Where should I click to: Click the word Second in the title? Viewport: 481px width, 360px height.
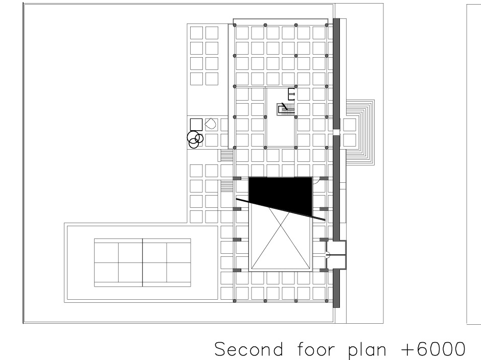[x=248, y=349]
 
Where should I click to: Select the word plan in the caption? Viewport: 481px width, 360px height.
[x=368, y=350]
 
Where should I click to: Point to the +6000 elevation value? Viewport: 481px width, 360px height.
[x=433, y=349]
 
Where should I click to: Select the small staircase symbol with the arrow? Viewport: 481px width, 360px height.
[x=286, y=109]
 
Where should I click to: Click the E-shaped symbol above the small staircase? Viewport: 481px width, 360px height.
[x=291, y=94]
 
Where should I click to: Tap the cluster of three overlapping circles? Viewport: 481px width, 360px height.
[x=195, y=139]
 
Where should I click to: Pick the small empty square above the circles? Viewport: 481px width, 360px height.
[x=196, y=125]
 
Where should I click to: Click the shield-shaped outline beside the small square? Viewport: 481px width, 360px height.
[x=211, y=124]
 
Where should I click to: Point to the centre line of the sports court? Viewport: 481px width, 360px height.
[x=143, y=262]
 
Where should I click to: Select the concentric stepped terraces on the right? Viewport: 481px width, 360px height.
[x=360, y=132]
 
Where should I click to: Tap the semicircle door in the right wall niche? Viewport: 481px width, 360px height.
[x=328, y=255]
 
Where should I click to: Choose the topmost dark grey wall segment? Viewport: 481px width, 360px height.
[x=336, y=74]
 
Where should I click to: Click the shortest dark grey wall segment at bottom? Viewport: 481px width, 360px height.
[x=336, y=288]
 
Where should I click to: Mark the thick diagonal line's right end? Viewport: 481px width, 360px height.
[x=325, y=220]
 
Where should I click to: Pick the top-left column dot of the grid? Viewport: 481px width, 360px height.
[x=235, y=25]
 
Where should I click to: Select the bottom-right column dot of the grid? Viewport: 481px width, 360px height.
[x=327, y=301]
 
